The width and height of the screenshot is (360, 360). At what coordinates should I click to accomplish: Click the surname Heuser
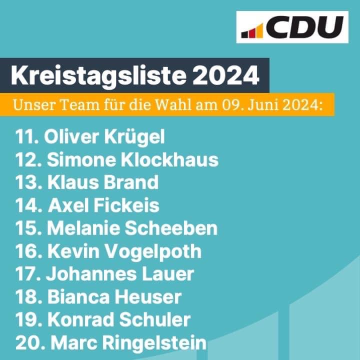149,297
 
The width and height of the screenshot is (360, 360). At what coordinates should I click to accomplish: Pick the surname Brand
131,182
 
